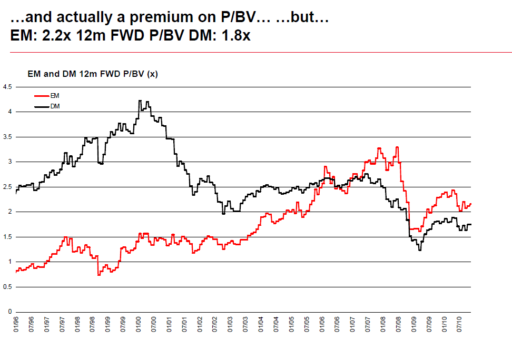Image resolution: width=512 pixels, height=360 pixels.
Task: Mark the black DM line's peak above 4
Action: (140, 101)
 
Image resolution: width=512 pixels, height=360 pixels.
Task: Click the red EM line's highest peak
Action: (397, 147)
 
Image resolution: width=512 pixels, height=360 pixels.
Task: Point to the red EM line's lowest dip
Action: (99, 275)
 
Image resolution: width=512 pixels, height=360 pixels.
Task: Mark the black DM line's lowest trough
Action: (420, 250)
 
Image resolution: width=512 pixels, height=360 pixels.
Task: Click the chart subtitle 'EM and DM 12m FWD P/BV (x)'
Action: (92, 74)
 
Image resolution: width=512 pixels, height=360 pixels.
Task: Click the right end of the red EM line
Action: (470, 204)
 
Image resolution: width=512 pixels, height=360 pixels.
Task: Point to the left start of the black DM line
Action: (16, 193)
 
